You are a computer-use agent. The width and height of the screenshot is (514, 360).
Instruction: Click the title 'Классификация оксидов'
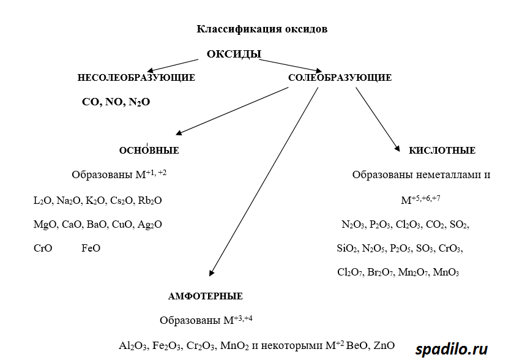point(262,29)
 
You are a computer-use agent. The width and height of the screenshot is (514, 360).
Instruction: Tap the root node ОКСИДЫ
point(234,54)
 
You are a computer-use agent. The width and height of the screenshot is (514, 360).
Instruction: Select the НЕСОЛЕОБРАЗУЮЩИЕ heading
point(136,78)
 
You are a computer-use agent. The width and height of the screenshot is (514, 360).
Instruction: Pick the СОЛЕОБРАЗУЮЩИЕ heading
point(340,78)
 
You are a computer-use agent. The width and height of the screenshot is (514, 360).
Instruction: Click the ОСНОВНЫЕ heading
point(149,151)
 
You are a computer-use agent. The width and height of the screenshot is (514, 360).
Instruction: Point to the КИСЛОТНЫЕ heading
point(442,151)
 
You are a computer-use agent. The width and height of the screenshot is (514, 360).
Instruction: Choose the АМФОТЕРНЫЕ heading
point(205,296)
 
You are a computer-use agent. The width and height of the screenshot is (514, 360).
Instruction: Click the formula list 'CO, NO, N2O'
point(116,102)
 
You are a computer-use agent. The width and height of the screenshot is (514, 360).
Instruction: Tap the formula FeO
point(91,248)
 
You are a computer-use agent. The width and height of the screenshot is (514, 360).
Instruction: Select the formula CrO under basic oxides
point(43,248)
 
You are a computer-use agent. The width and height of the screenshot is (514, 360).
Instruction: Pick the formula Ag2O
point(149,225)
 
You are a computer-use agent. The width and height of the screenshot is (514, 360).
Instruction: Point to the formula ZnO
point(384,345)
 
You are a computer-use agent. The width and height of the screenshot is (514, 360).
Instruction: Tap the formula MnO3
point(445,272)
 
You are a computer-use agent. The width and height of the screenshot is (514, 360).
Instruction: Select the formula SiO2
point(347,249)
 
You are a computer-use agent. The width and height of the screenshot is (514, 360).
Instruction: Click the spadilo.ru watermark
point(452,349)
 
